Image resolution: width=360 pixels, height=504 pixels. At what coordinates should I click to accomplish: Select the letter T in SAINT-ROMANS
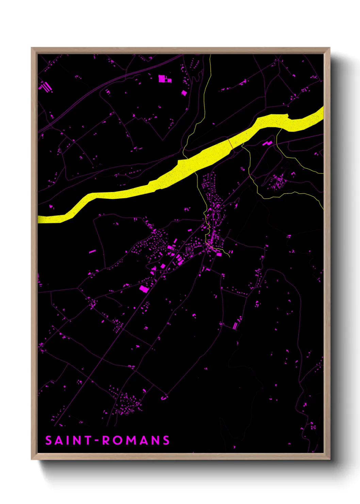[87, 440]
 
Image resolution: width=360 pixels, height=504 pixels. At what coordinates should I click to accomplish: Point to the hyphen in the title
[97, 441]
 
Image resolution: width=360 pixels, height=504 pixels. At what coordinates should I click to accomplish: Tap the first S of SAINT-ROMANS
[49, 440]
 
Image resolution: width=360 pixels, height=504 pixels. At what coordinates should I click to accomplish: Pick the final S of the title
[166, 440]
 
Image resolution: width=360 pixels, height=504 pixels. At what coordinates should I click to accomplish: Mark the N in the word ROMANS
[154, 440]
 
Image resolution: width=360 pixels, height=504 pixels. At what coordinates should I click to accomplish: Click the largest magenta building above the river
[164, 79]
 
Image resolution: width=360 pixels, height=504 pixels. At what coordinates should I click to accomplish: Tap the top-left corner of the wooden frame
[32, 48]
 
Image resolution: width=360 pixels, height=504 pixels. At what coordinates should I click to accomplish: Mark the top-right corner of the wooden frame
[330, 48]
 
